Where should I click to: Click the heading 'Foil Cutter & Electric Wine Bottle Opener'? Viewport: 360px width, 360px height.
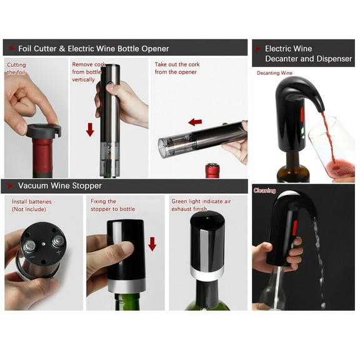(93, 48)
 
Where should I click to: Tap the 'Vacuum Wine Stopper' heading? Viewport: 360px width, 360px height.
(59, 186)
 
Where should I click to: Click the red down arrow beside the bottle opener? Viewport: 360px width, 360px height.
(90, 129)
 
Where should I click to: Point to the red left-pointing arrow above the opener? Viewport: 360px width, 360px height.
(195, 121)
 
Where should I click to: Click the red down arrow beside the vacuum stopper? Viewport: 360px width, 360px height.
(152, 243)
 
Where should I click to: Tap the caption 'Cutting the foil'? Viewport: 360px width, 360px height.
(17, 68)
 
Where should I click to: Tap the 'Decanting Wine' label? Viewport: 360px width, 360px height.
(274, 73)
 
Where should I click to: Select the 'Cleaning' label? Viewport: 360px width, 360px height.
(264, 190)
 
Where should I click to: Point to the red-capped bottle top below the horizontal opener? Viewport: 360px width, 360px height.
(212, 170)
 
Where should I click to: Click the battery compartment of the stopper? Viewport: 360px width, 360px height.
(41, 246)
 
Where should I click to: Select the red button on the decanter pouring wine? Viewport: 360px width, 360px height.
(301, 114)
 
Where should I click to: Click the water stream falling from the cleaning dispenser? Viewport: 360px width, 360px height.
(319, 262)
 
